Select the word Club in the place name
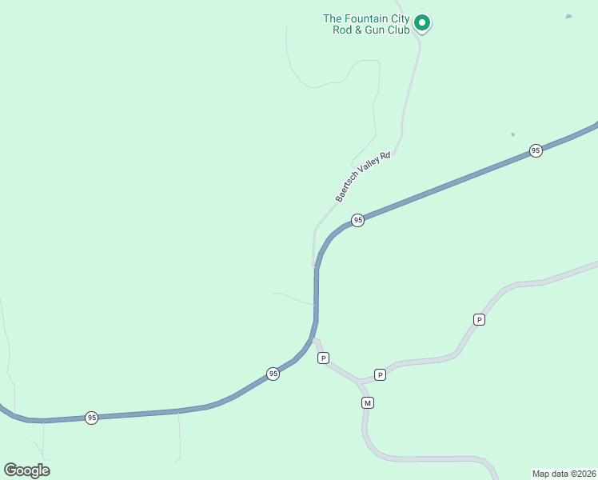click(x=400, y=30)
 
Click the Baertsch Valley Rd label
click(x=363, y=177)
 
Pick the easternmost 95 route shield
click(x=536, y=150)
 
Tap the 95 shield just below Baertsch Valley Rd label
click(x=357, y=220)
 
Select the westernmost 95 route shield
click(x=92, y=418)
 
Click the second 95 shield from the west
click(x=273, y=374)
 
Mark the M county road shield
click(x=367, y=402)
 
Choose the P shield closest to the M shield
click(x=380, y=374)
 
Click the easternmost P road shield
click(x=479, y=319)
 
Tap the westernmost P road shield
click(x=323, y=358)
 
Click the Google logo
click(x=26, y=470)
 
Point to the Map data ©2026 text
click(x=564, y=473)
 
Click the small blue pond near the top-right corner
click(x=568, y=16)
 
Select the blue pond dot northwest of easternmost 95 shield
click(x=512, y=134)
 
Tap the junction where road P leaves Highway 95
click(x=314, y=339)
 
